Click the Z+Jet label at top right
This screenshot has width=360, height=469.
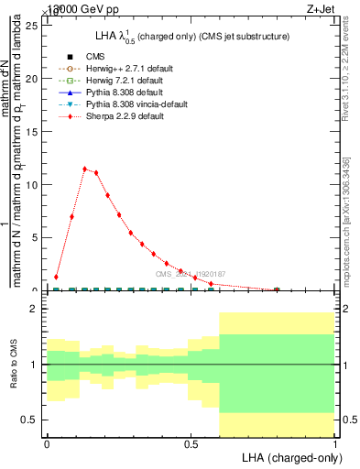tap(332, 8)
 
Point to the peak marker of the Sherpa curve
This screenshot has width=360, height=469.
tap(84, 169)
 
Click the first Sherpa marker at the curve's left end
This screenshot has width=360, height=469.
tap(56, 277)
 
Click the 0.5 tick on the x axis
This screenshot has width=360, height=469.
tap(191, 442)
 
